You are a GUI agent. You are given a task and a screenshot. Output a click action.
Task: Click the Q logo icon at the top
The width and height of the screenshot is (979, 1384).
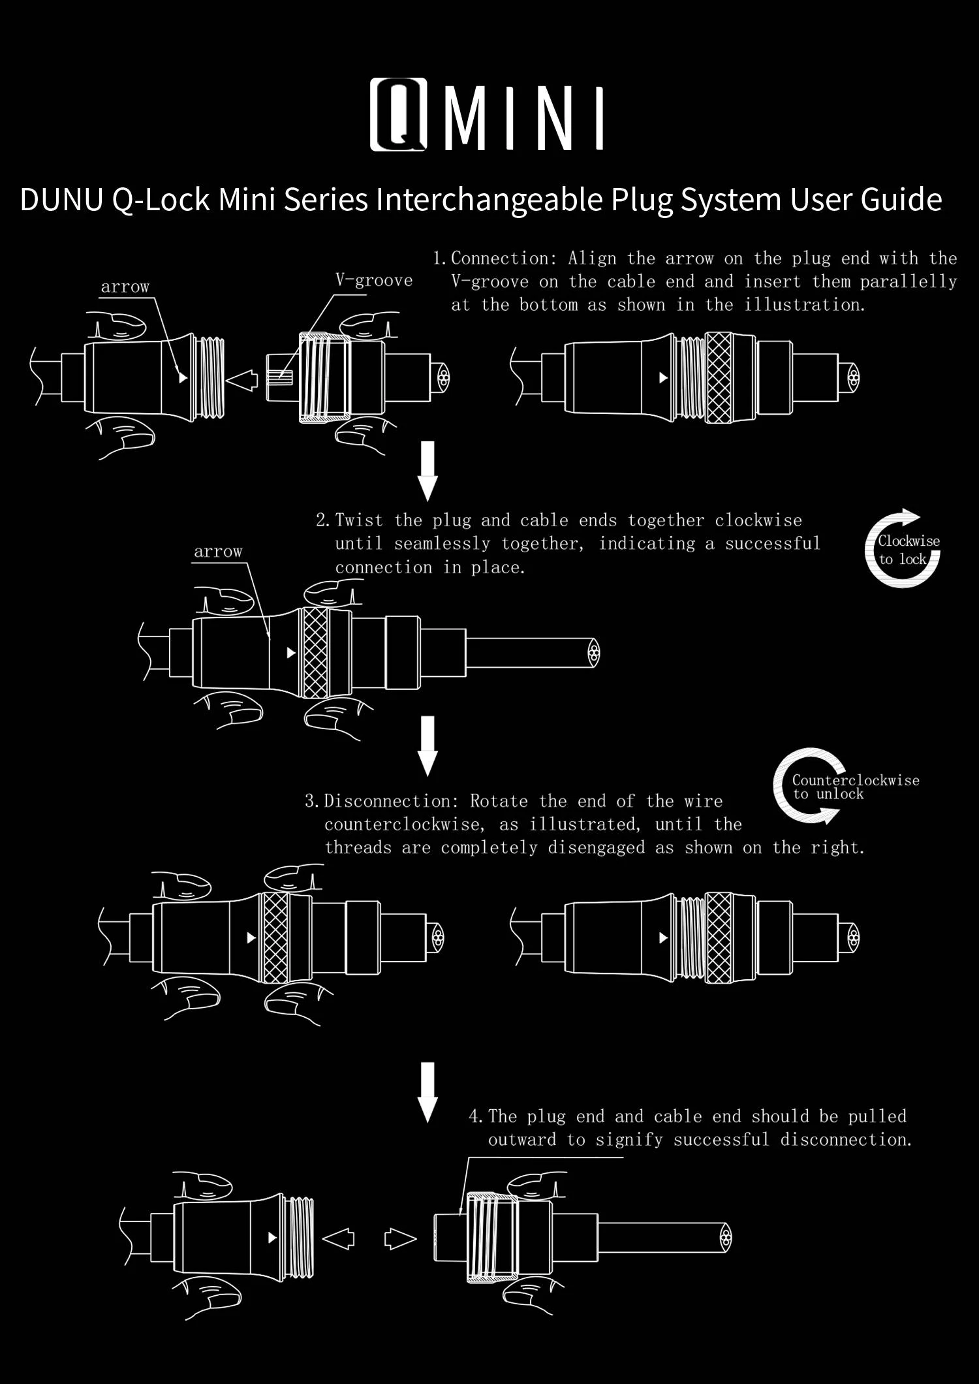pos(398,115)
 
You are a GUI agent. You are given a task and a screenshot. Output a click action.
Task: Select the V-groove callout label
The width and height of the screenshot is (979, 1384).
pos(374,281)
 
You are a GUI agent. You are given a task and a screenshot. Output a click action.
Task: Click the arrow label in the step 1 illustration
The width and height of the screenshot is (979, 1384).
pos(125,287)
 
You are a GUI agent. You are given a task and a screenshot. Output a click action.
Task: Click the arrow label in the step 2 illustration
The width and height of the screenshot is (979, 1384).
pos(218,552)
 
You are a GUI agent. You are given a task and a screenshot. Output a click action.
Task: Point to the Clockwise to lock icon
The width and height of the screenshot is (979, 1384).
pos(904,548)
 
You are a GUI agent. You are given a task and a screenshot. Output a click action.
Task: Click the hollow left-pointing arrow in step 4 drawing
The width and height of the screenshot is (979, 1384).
pos(339,1238)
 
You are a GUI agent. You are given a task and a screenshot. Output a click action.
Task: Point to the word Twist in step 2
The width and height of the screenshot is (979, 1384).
pos(359,521)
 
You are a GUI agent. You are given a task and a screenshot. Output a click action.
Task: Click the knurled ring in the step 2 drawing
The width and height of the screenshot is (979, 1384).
pos(315,653)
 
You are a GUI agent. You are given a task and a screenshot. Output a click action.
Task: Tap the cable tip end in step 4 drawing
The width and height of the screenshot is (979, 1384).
pos(725,1238)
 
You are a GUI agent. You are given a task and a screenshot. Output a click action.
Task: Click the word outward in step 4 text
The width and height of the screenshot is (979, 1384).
pos(522,1140)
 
